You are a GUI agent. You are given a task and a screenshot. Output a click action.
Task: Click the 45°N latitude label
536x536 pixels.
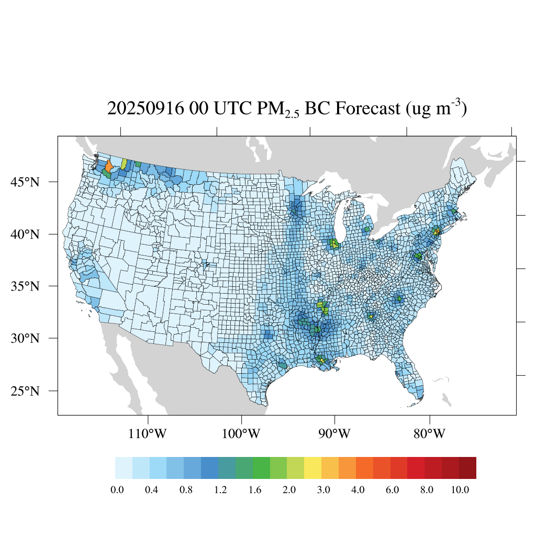pos(25,182)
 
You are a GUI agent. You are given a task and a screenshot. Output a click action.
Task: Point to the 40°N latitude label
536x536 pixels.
pos(25,234)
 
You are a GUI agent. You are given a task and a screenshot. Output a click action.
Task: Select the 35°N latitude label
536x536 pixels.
pos(25,286)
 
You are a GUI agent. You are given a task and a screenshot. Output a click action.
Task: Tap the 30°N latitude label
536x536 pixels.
pos(25,338)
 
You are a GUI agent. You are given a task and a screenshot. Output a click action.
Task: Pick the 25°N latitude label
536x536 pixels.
pos(25,391)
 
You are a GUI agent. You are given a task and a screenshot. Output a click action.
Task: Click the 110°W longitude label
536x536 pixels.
pos(149,434)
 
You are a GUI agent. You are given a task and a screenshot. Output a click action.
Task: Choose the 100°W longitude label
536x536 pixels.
pos(242,434)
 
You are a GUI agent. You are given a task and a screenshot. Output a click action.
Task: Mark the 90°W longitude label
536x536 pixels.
pos(334,434)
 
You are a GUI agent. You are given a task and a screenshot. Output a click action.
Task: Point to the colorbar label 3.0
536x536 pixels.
pos(323,490)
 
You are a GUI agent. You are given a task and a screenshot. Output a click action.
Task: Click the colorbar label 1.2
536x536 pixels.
pos(220,490)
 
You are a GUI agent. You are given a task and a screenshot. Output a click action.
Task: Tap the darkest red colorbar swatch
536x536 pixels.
pos(467,468)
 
